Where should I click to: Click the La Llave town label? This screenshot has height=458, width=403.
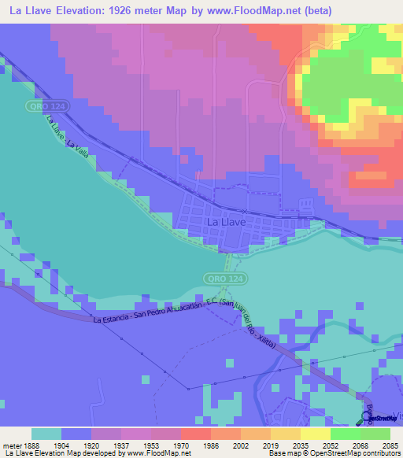tap(226, 223)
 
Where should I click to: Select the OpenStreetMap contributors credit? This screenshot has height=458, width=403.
tap(349, 453)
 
